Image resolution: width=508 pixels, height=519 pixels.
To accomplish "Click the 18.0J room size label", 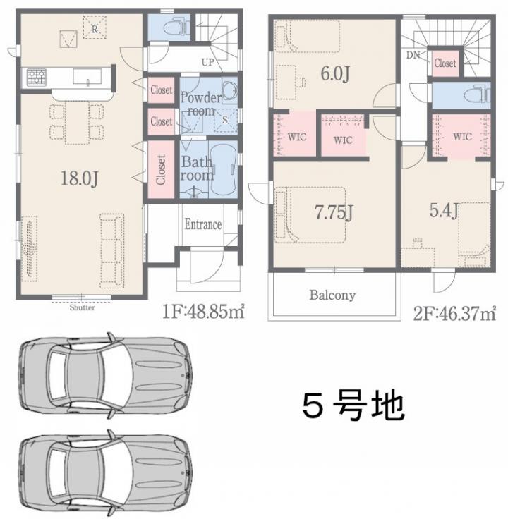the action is tap(80, 178).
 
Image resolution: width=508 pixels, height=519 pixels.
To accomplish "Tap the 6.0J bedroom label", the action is tap(335, 73).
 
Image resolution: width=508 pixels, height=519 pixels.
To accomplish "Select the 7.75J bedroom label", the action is tap(334, 212).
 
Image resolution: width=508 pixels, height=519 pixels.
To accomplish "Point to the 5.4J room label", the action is tap(444, 210).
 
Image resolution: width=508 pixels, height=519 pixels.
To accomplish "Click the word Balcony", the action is tap(332, 295).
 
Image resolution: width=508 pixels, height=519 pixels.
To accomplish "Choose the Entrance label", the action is tap(203, 224).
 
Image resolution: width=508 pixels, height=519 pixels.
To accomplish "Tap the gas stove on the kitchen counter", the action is tap(37, 78).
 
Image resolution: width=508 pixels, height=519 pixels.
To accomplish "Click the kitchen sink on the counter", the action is tap(87, 76).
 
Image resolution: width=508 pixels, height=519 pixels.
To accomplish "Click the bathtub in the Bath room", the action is tap(223, 169).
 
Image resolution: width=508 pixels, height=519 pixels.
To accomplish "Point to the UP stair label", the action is tap(207, 62).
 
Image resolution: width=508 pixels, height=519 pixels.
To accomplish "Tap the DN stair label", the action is tap(413, 55).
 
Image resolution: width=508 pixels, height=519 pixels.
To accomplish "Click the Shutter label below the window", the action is tap(82, 307).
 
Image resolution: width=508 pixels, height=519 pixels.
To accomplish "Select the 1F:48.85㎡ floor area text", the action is tap(203, 311).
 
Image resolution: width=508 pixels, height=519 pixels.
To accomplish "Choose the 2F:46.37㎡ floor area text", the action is tap(454, 313).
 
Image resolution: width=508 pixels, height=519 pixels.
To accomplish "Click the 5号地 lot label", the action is tap(353, 405).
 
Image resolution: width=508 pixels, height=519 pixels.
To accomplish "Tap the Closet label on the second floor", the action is tap(445, 63).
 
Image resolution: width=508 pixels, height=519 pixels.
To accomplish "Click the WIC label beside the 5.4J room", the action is tap(463, 136).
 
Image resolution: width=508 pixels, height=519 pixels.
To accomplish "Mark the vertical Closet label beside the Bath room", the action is tap(161, 169).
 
